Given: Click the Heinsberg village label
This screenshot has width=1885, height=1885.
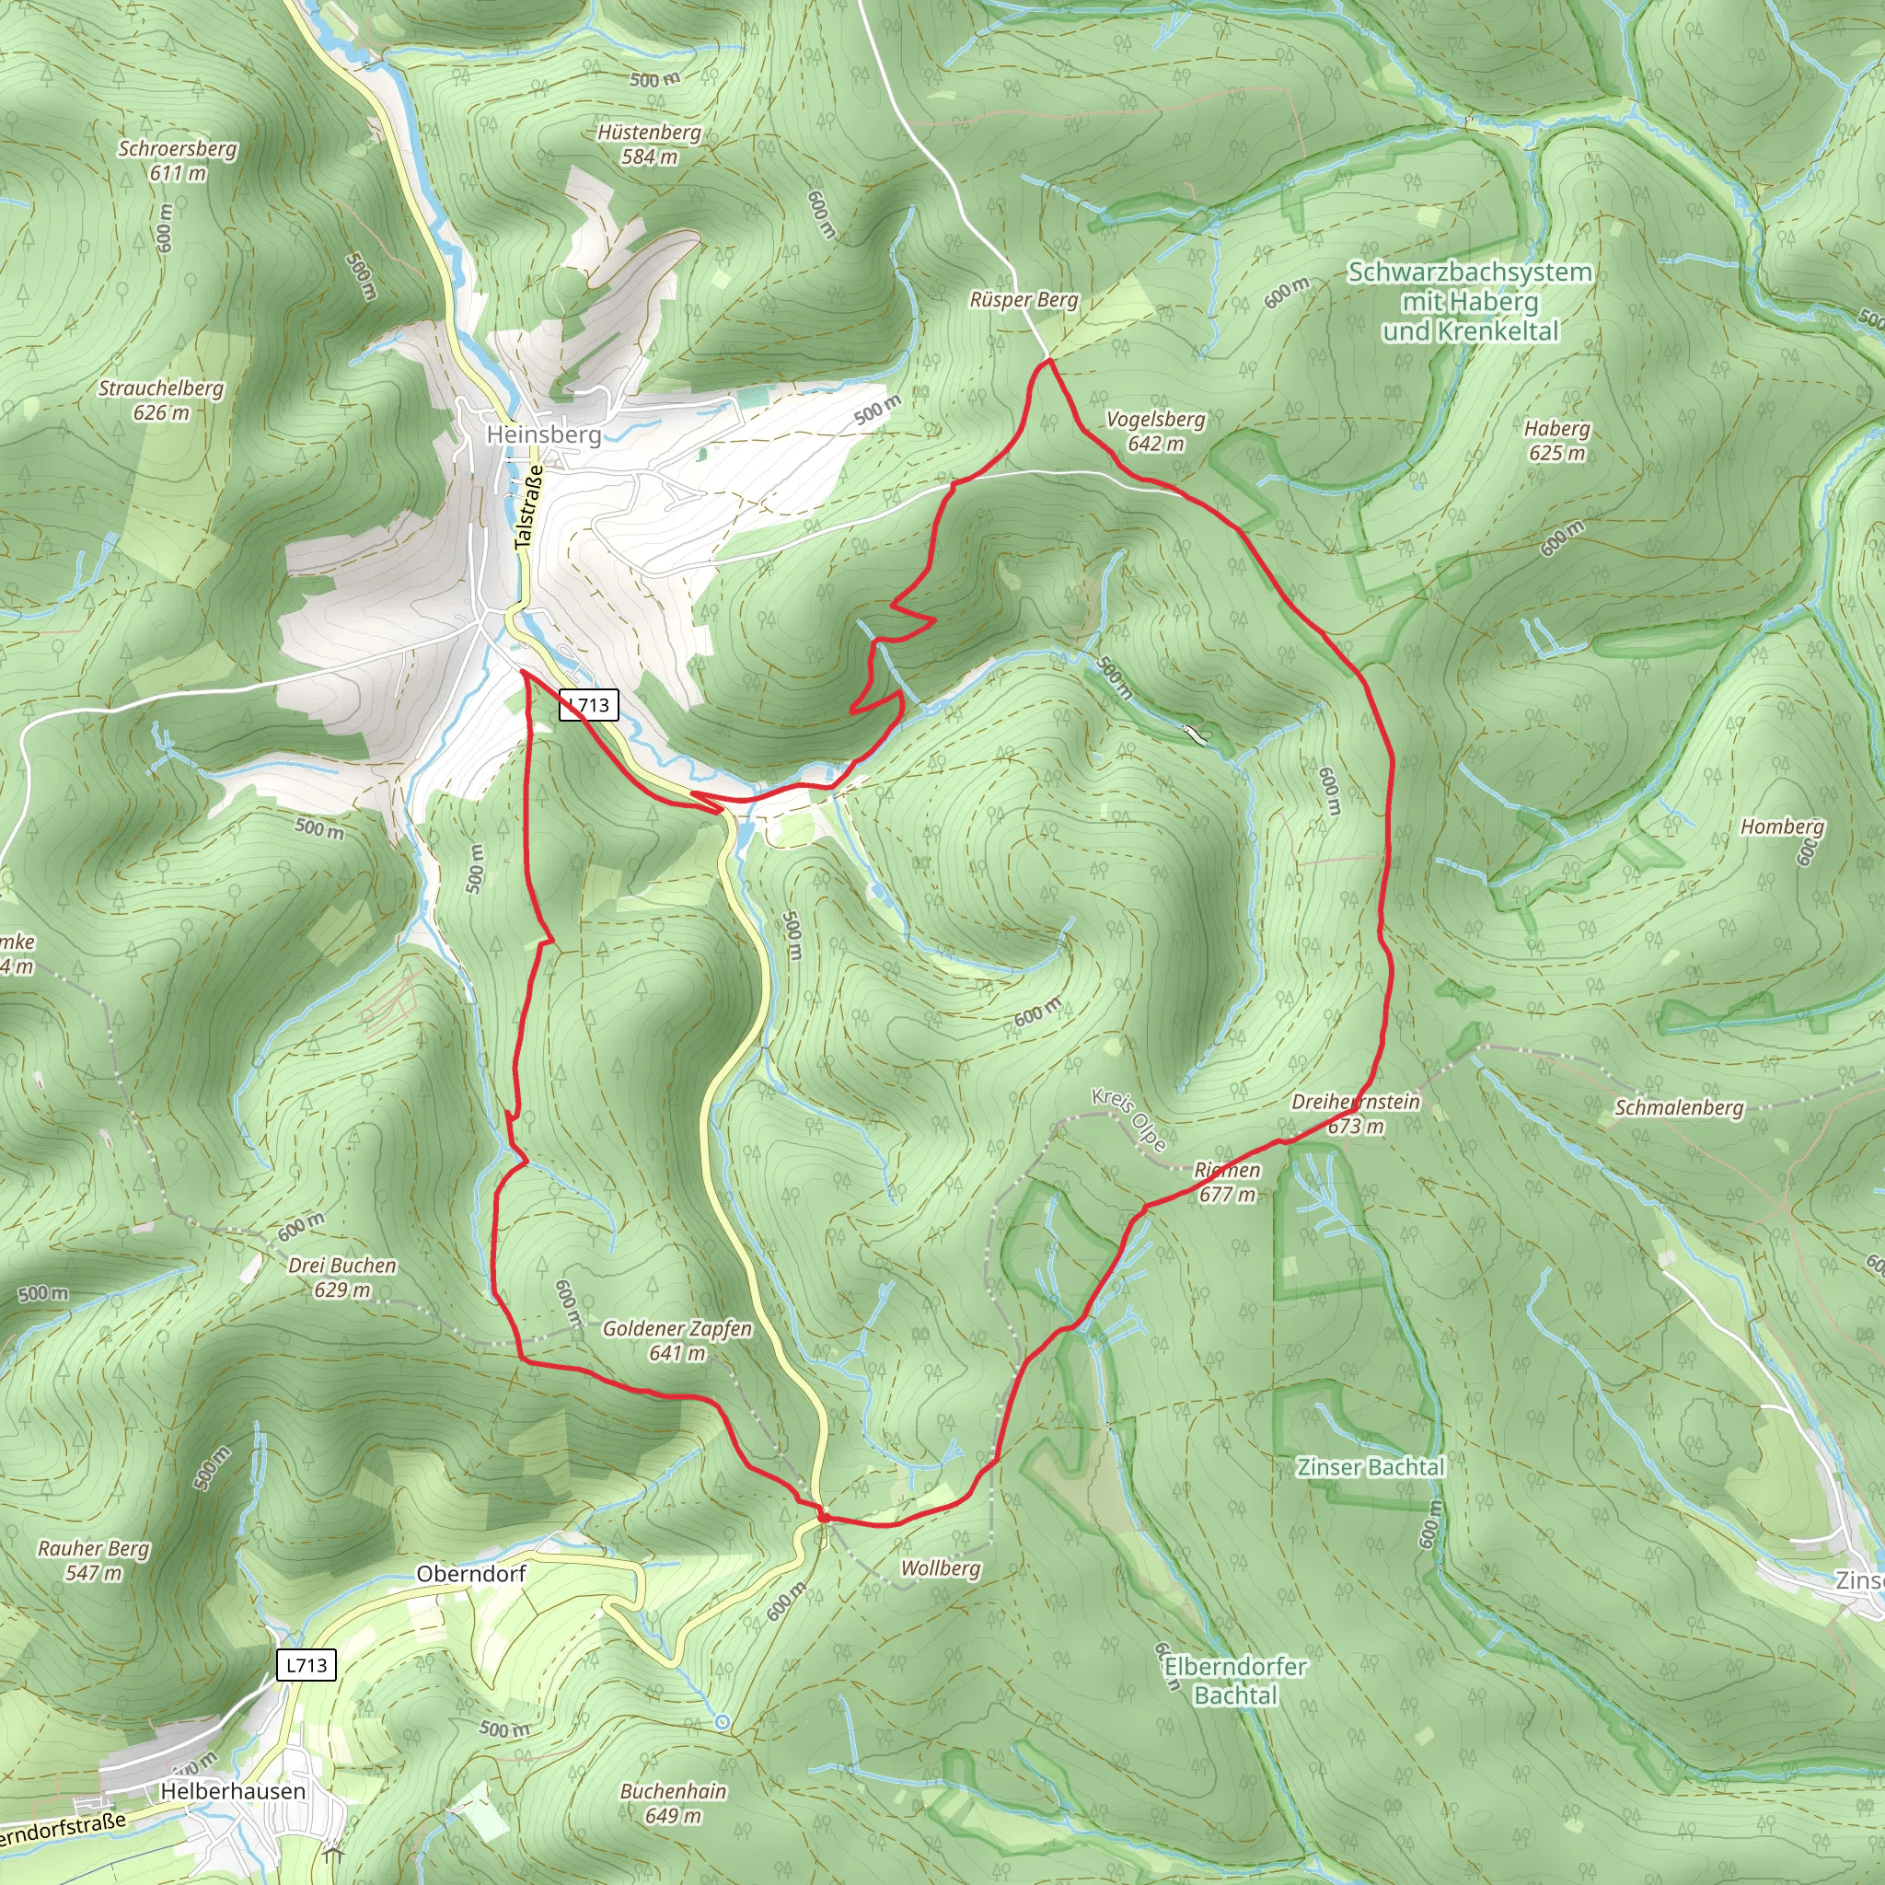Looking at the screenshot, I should (x=543, y=434).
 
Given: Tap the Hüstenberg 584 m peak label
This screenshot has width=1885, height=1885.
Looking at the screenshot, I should (x=650, y=145).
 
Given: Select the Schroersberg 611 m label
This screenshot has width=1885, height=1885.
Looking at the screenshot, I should (x=178, y=161).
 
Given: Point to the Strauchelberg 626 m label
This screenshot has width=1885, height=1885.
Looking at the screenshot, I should (x=161, y=400).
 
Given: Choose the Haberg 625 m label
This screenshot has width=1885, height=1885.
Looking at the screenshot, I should (x=1557, y=440).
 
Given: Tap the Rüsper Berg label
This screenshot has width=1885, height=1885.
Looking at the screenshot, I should (x=1023, y=299).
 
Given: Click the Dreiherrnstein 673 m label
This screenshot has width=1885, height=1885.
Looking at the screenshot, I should (x=1355, y=1114).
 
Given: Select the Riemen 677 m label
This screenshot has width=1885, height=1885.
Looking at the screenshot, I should (x=1228, y=1182).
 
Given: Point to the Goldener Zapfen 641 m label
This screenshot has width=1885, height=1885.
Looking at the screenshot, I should (x=677, y=1340).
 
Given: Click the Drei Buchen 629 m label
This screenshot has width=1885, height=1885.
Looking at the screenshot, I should (x=342, y=1278).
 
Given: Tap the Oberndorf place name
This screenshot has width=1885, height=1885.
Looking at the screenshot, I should (x=471, y=1574).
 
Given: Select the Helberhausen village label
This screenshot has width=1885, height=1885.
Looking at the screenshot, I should (x=233, y=1791).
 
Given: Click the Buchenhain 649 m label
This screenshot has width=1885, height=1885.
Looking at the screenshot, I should (x=673, y=1803).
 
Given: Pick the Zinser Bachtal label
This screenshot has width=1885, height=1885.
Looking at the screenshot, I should (x=1370, y=1467).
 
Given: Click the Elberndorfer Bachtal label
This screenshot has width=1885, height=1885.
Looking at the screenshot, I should (x=1235, y=1681).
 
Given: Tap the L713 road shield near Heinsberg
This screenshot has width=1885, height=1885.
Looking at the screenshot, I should (x=588, y=704).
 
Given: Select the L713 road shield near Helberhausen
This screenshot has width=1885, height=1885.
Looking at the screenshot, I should (x=306, y=1664).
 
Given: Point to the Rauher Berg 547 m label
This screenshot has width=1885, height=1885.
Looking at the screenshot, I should (x=94, y=1560).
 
